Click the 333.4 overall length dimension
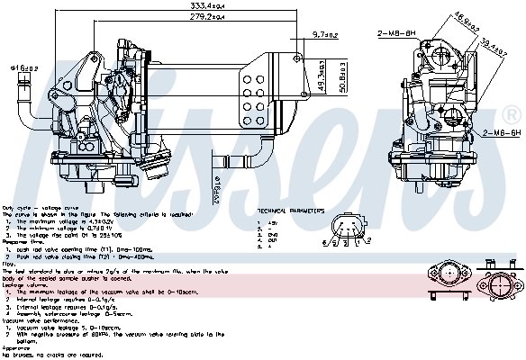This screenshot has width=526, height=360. tap(207, 5)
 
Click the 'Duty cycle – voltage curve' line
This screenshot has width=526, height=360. tap(32, 209)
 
